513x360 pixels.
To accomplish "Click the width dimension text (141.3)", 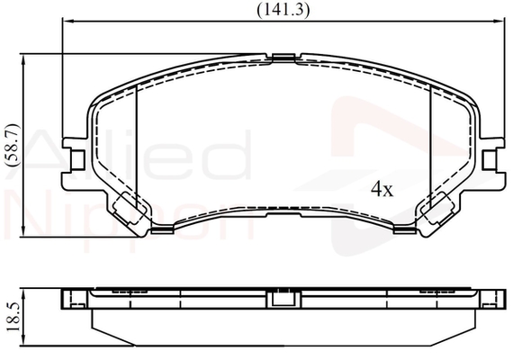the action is (283, 11).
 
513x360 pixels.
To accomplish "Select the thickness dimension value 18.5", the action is (13, 317).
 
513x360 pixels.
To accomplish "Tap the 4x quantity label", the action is (382, 189).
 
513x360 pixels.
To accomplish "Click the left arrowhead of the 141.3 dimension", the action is (67, 22).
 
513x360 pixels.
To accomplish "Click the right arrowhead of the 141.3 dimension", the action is (499, 22).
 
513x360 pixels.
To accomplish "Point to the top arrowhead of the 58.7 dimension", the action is (22, 59).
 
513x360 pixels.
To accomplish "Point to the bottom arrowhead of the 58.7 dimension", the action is (22, 231).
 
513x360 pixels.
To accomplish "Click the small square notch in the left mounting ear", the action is (77, 160).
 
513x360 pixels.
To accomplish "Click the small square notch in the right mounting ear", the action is (489, 160).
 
